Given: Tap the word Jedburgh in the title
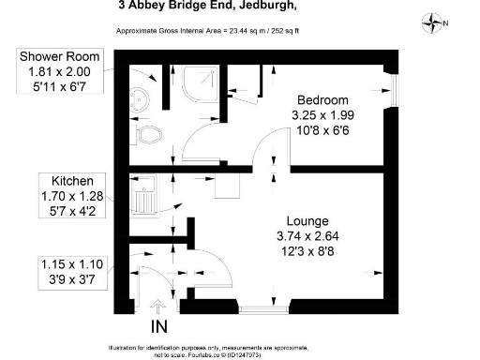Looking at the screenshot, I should tap(266, 7).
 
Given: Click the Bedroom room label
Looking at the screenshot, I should tap(322, 100).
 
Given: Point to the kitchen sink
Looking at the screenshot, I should tap(143, 200).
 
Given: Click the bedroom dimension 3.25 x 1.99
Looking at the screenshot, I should tap(322, 116).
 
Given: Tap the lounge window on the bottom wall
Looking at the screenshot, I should tap(265, 307).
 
